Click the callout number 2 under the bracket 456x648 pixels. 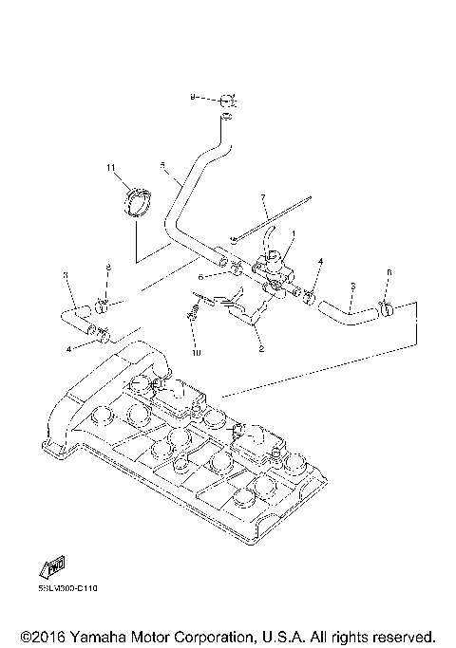[x=260, y=347]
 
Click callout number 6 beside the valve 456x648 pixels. [x=201, y=277]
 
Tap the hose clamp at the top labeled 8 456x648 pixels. [x=224, y=99]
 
